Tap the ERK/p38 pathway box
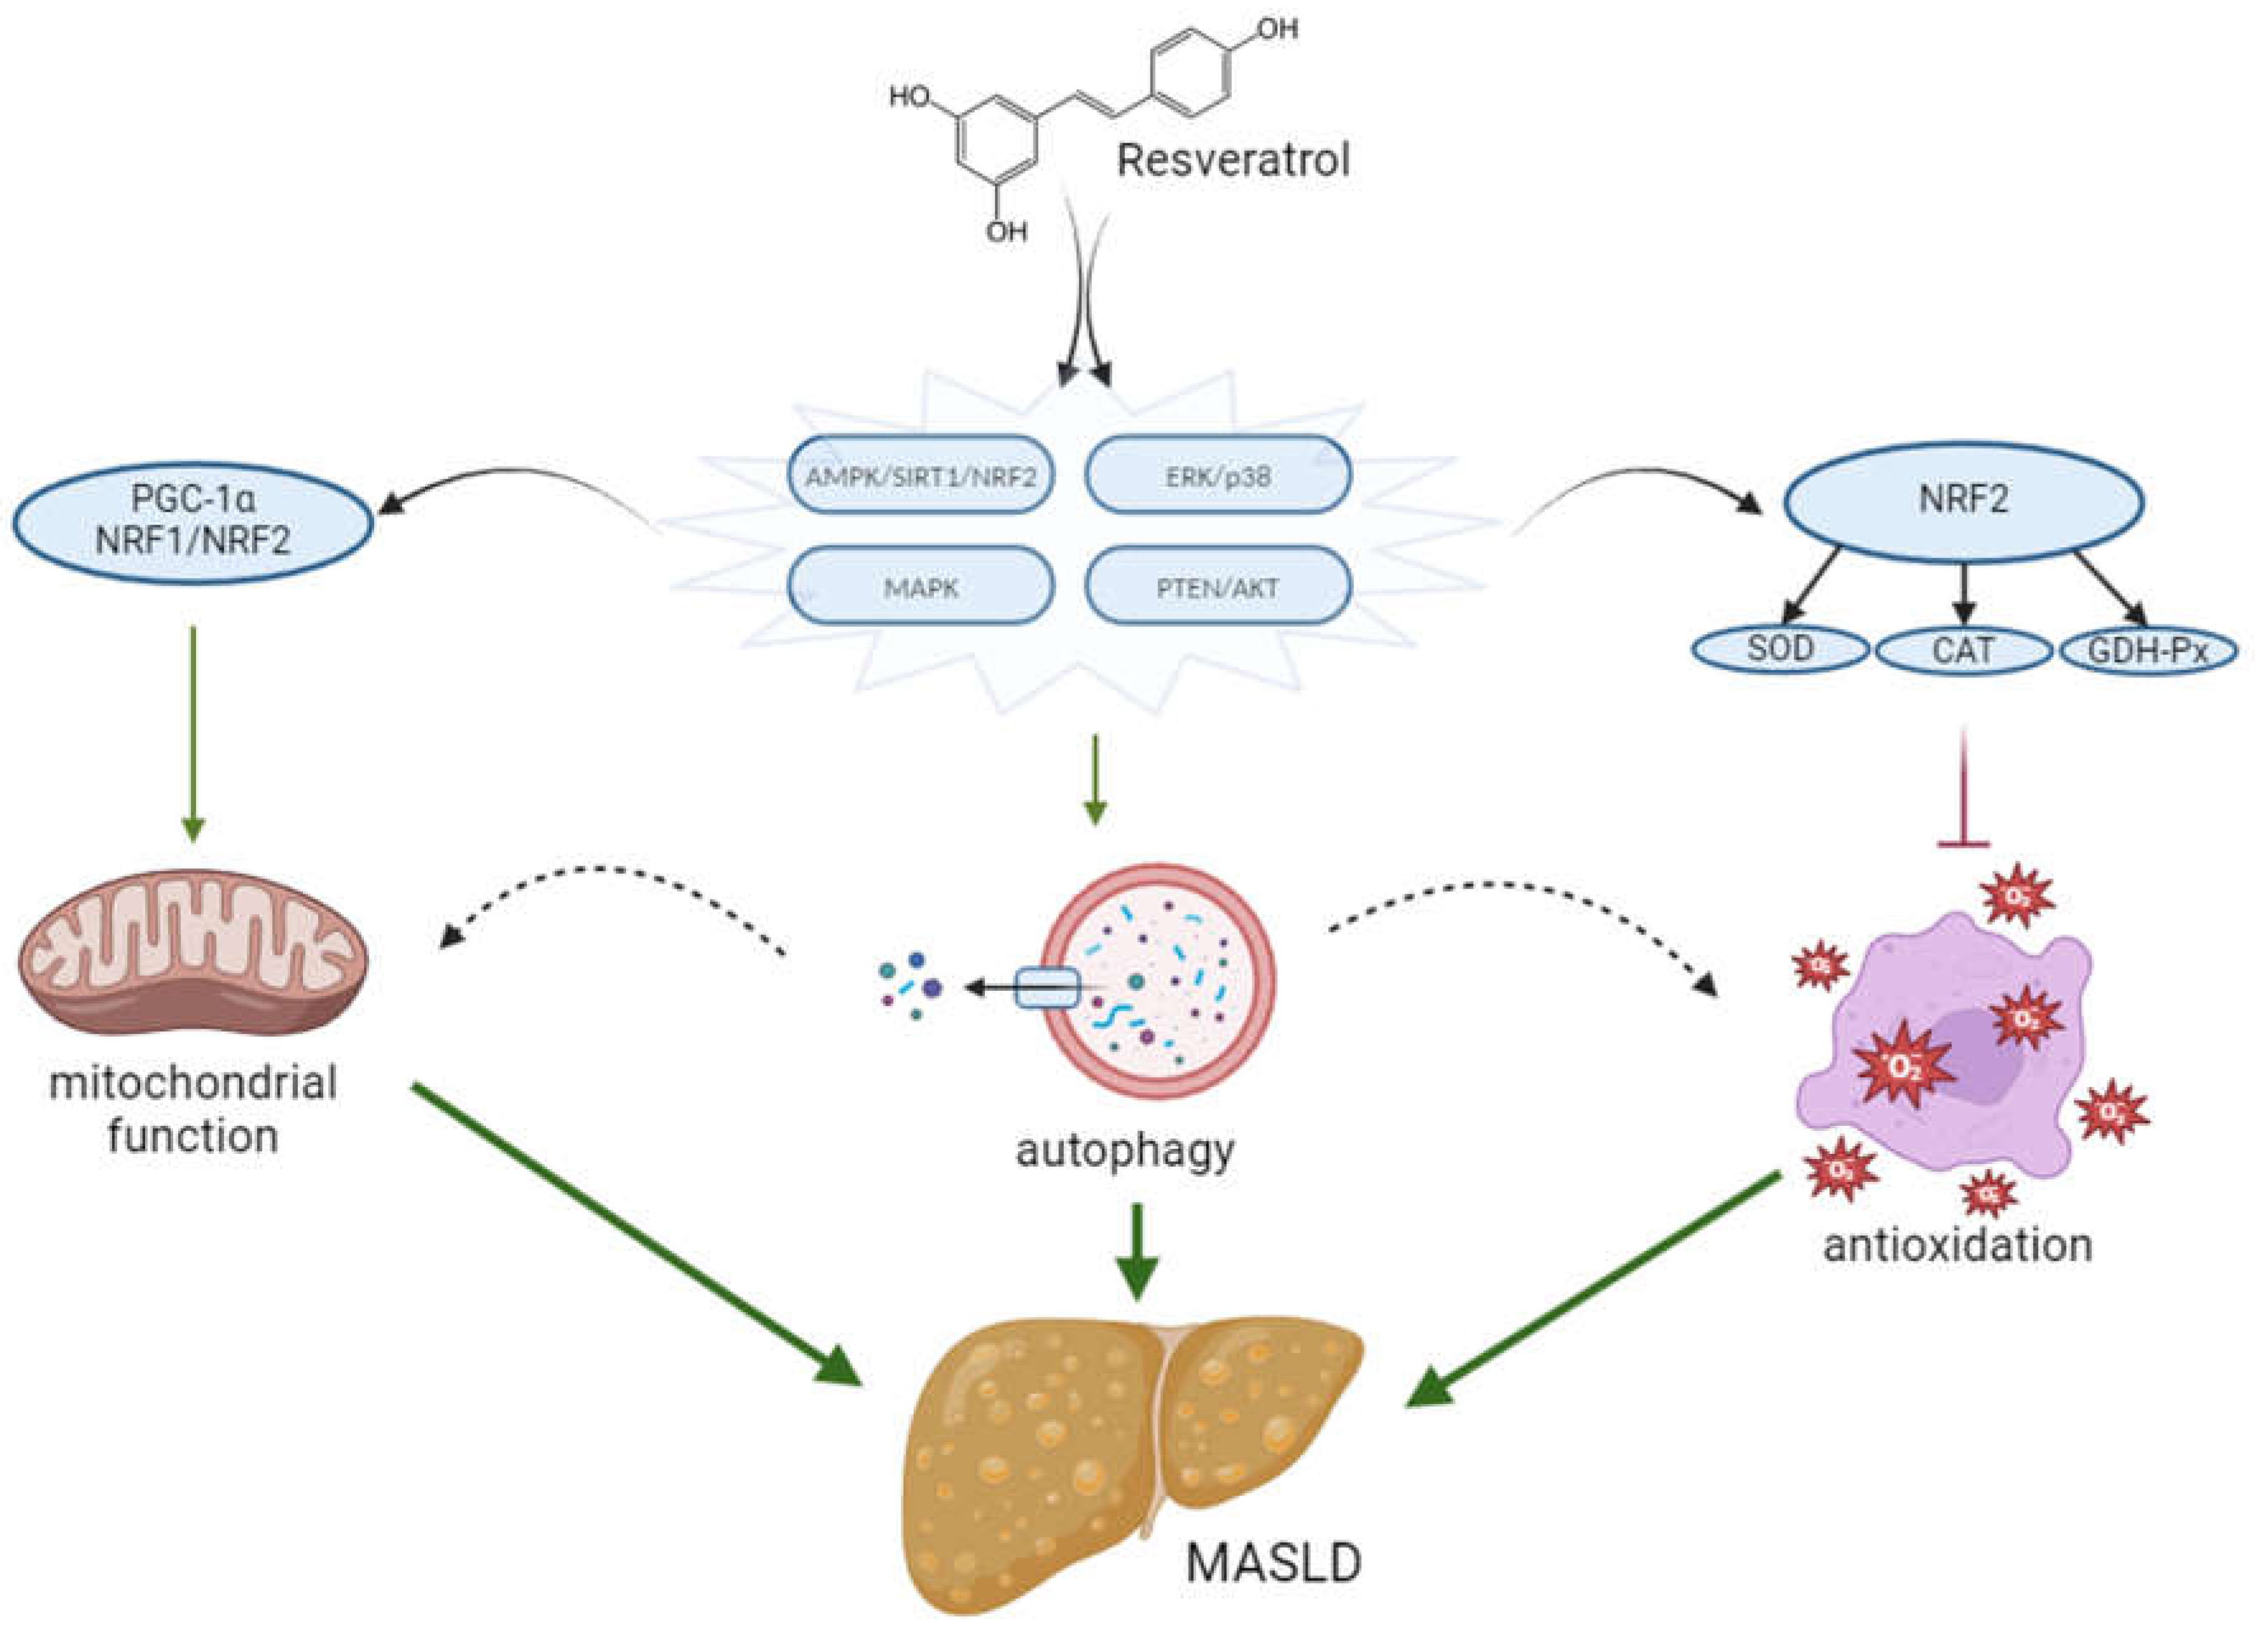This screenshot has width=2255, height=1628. (x=1218, y=475)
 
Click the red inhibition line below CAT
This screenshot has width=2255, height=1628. (x=1963, y=785)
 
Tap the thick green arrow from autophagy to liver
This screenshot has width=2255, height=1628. (x=1138, y=1251)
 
